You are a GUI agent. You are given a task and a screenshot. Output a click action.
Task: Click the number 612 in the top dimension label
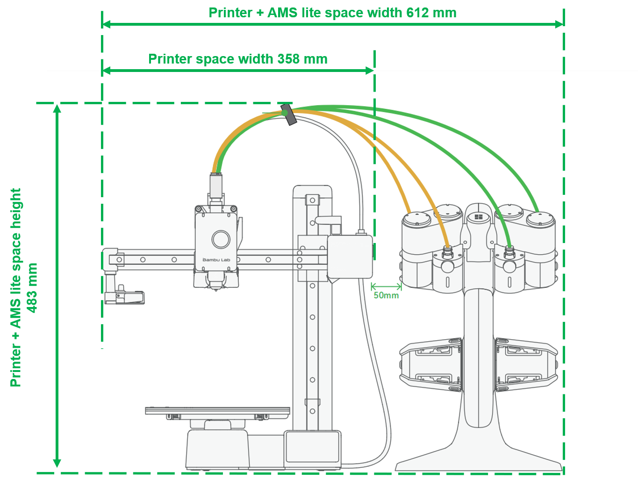pyautogui.click(x=417, y=13)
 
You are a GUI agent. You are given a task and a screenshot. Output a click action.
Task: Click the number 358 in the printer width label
pyautogui.click(x=288, y=59)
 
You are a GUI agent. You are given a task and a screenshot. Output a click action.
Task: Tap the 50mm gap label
pyautogui.click(x=386, y=295)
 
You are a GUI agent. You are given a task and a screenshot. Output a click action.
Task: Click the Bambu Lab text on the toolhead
pyautogui.click(x=216, y=260)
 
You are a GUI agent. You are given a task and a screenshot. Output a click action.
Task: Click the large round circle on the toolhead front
pyautogui.click(x=221, y=239)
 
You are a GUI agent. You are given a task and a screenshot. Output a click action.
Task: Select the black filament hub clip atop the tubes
pyautogui.click(x=288, y=115)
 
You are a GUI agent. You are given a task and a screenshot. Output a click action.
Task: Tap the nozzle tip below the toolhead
pyautogui.click(x=216, y=289)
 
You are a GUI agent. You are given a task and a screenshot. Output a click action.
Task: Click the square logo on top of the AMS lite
pyautogui.click(x=478, y=217)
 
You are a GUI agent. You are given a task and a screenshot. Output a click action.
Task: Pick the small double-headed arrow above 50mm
pyautogui.click(x=386, y=286)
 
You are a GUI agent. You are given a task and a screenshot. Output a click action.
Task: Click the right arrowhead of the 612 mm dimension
pyautogui.click(x=559, y=24)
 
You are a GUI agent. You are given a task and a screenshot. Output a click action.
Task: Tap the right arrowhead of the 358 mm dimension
pyautogui.click(x=370, y=71)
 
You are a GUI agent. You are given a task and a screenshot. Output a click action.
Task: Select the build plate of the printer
pyautogui.click(x=217, y=411)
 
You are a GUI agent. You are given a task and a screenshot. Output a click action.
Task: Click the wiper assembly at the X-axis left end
pyautogui.click(x=124, y=296)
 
